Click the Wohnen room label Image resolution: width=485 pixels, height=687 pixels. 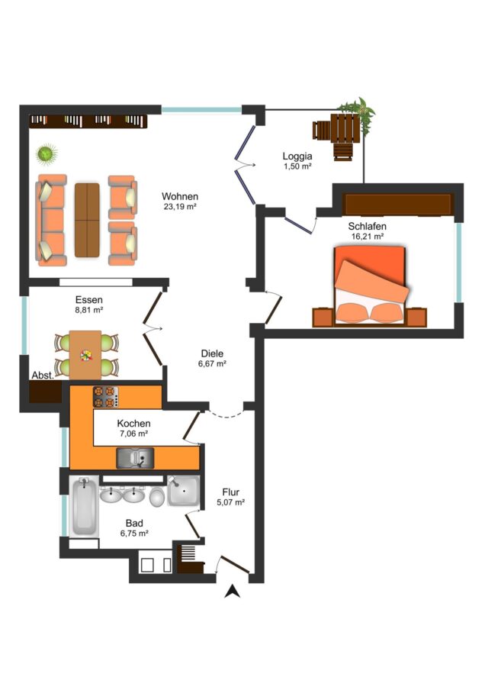click(x=179, y=196)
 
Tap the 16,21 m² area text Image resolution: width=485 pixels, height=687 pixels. click(x=368, y=237)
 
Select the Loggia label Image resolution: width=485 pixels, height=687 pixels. click(x=297, y=156)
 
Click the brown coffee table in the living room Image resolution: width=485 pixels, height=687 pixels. click(x=87, y=220)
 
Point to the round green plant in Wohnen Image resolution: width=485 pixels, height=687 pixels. click(x=47, y=154)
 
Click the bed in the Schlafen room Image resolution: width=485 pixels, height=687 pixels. click(x=370, y=285)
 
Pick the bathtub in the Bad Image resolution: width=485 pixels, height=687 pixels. click(x=84, y=508)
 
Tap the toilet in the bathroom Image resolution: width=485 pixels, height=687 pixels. click(x=156, y=497)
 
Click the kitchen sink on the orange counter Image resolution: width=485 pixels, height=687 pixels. click(x=135, y=458)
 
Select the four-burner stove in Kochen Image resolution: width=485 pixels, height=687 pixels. click(x=106, y=396)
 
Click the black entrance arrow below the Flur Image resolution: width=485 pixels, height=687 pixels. click(x=232, y=592)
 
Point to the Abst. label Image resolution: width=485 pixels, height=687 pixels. click(x=43, y=376)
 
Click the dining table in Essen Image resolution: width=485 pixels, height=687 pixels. click(x=85, y=355)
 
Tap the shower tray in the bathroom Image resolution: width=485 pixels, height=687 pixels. click(x=184, y=491)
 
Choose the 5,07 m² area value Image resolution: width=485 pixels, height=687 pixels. click(x=231, y=502)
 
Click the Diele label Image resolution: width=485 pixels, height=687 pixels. click(x=212, y=353)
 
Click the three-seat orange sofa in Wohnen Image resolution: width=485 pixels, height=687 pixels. click(x=51, y=221)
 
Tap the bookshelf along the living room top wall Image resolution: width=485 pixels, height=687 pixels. click(x=88, y=121)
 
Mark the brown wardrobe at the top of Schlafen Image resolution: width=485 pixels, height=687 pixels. click(x=398, y=205)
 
